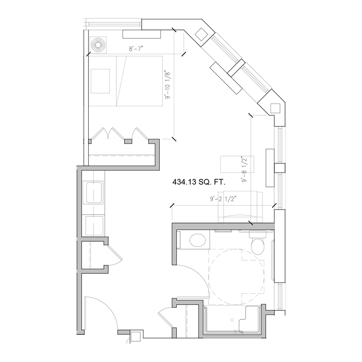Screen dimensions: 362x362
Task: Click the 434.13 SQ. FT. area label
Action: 199,182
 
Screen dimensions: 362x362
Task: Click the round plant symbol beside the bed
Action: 98,44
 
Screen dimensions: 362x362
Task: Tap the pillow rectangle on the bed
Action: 100,81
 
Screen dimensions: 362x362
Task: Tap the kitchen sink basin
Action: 94,193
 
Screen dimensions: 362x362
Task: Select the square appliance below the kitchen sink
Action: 94,224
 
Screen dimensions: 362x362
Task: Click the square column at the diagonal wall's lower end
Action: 275,107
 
